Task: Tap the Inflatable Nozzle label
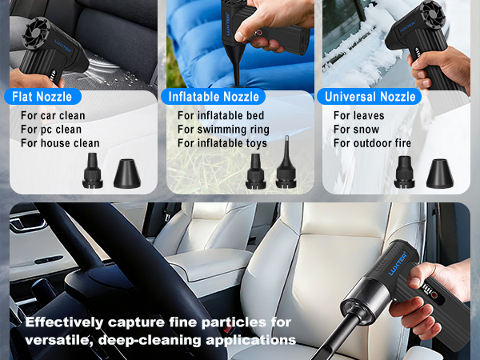pos(214,97)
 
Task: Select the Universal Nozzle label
pos(371,97)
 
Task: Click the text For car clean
pos(52,116)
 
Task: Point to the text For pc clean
pos(50,130)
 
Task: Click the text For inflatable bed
pos(220,116)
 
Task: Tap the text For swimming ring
pos(223,130)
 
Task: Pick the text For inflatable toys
pos(222,143)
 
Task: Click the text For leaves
pos(358,116)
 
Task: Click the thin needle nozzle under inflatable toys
pos(286,170)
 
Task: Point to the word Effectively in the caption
pos(65,323)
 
